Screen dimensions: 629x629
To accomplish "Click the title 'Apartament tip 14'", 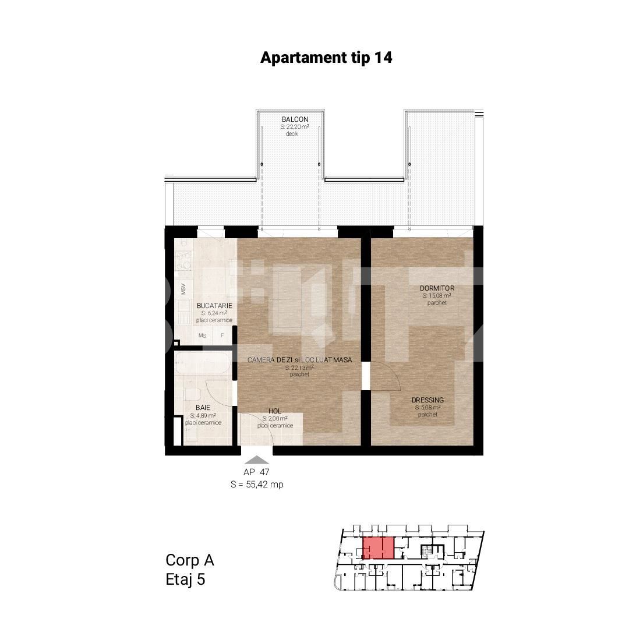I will (326, 58).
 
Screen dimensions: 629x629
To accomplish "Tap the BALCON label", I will (295, 119).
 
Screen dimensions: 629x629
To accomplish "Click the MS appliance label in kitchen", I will (202, 335).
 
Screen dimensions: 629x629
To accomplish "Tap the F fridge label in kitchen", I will (222, 335).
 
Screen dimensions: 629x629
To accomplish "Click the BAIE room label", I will (203, 408).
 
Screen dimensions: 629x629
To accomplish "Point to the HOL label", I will (275, 411).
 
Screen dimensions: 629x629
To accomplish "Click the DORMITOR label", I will (437, 288).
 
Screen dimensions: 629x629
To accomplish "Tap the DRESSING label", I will (427, 400).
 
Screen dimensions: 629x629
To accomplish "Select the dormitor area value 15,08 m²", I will (437, 296).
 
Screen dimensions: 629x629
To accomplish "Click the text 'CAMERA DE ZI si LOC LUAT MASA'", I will (299, 360).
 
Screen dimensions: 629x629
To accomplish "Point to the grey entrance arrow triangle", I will (256, 460).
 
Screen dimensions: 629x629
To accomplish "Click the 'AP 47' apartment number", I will (256, 472).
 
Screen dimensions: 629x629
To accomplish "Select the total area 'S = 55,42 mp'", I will (257, 484).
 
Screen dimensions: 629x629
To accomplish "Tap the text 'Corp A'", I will (190, 560).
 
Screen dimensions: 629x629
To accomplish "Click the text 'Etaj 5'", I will (185, 580).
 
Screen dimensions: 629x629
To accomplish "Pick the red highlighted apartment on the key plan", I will (377, 548).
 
